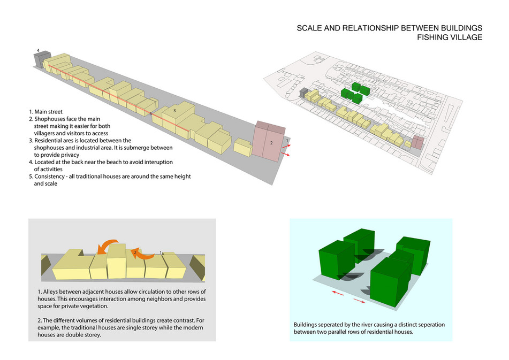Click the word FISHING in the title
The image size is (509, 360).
pyautogui.click(x=437, y=37)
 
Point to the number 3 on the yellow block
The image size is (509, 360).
pyautogui.click(x=174, y=111)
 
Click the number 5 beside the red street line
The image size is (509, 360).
pyautogui.click(x=151, y=114)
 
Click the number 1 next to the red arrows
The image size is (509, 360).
pyautogui.click(x=288, y=140)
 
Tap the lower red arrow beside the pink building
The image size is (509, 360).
pyautogui.click(x=287, y=154)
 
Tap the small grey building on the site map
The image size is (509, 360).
pyautogui.click(x=303, y=94)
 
